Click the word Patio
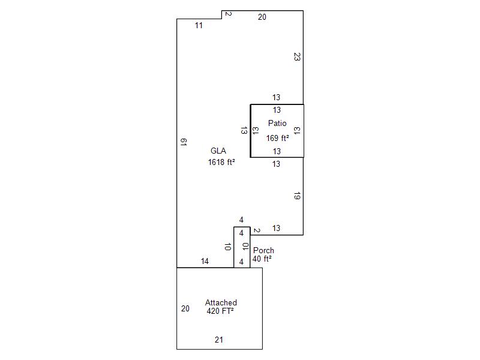click(277, 124)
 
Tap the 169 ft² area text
click(277, 138)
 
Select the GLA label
click(218, 151)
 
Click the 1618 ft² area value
click(221, 162)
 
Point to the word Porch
click(263, 250)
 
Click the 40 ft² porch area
click(262, 259)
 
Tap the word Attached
click(221, 302)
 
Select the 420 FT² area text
click(220, 311)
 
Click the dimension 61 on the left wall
click(184, 142)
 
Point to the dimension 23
click(297, 56)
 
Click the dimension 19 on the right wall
click(297, 196)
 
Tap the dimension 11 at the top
click(199, 25)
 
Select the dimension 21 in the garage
click(219, 340)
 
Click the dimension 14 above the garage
click(205, 261)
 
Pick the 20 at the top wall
click(262, 17)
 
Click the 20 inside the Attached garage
click(185, 308)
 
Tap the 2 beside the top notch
click(228, 14)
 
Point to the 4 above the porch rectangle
click(241, 220)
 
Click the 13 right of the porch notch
click(276, 228)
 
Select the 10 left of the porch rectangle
click(227, 247)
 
